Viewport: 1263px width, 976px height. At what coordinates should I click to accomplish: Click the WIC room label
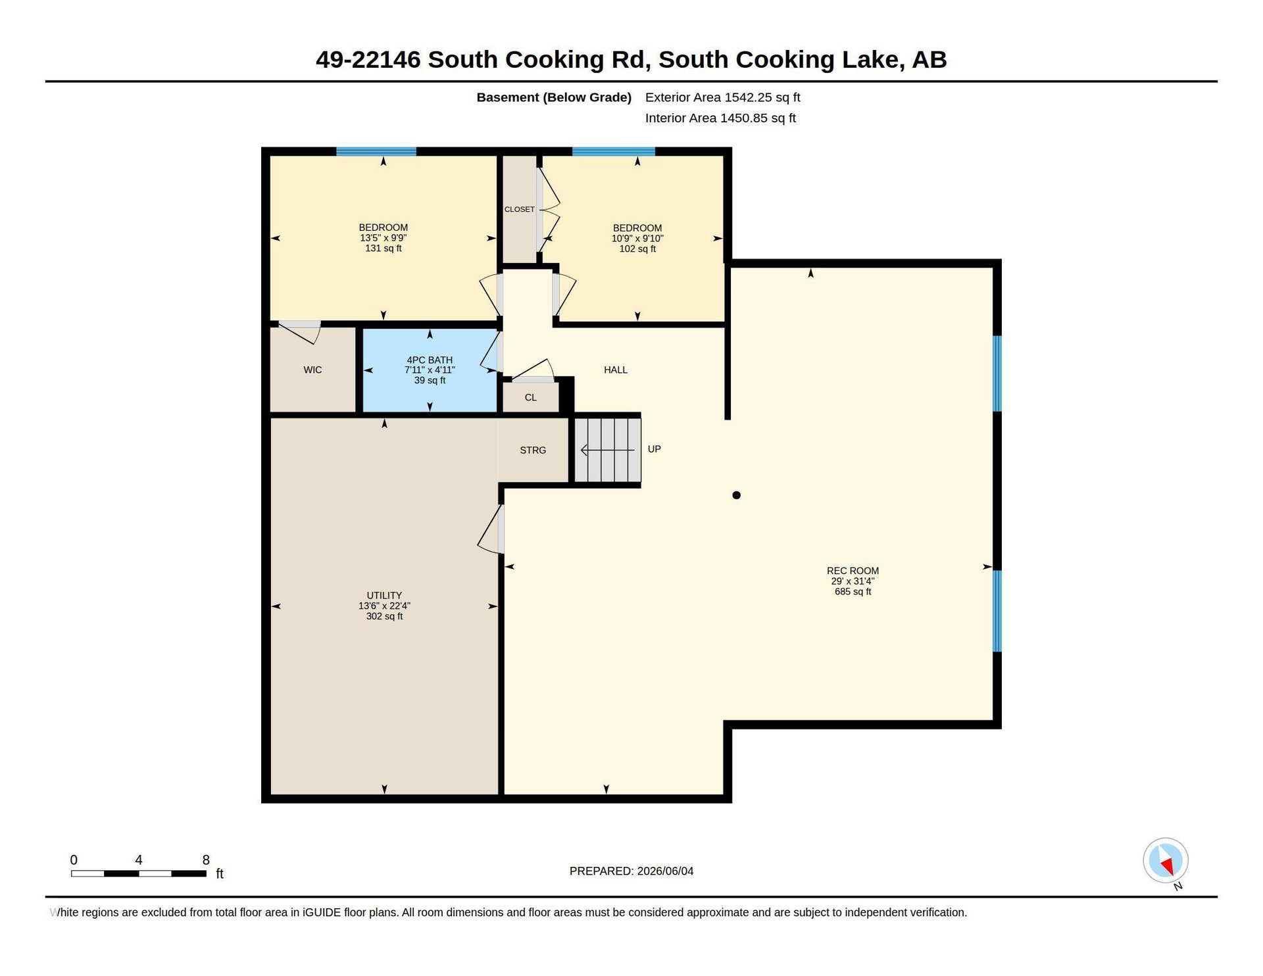coord(312,370)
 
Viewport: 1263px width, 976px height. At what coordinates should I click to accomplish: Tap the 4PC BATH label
coord(430,360)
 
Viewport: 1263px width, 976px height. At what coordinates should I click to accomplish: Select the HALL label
coord(616,370)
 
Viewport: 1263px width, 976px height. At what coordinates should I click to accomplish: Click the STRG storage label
coord(533,451)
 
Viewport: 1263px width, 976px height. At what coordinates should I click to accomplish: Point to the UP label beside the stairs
coord(654,449)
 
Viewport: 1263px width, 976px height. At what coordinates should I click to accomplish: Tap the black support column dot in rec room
coord(737,495)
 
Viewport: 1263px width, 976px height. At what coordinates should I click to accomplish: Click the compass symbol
coord(1166,861)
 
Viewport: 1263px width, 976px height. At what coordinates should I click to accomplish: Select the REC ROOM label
coord(853,571)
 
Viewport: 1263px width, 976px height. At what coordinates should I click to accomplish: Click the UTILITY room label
coord(384,595)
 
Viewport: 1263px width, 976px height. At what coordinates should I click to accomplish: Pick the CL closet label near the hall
coord(531,398)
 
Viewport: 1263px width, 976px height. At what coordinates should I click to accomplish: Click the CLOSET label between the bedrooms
coord(520,209)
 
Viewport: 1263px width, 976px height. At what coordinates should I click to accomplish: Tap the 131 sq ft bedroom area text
coord(384,249)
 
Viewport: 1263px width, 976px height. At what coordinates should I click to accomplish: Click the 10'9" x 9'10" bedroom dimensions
coord(637,239)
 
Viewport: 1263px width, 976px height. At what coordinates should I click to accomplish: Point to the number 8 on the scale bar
coord(206,860)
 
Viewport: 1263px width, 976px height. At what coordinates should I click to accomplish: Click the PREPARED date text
coord(631,871)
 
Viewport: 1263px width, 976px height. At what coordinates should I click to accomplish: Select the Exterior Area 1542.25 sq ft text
coord(723,98)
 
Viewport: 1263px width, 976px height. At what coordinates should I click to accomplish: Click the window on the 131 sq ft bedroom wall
coord(376,152)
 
